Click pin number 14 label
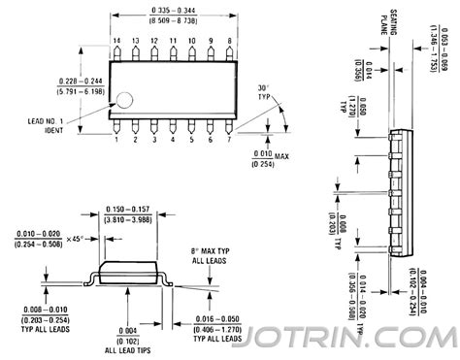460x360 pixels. pyautogui.click(x=116, y=41)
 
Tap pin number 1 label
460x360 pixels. pyautogui.click(x=116, y=140)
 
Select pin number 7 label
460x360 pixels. pyautogui.click(x=229, y=140)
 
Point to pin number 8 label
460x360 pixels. pyautogui.click(x=229, y=41)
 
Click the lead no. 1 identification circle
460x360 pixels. pyautogui.click(x=126, y=99)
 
